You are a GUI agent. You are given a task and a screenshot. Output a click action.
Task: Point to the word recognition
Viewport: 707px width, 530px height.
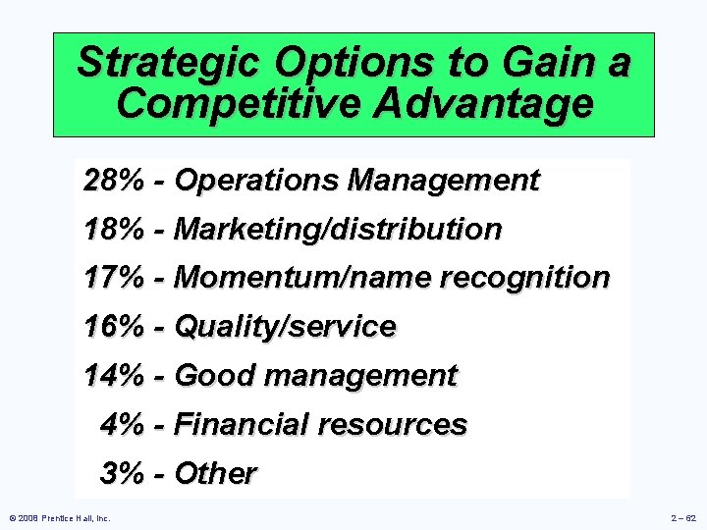pos(525,278)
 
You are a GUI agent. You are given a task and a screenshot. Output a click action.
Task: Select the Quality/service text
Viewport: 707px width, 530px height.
pos(285,327)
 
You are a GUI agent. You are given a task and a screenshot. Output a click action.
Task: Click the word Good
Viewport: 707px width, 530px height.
pos(215,375)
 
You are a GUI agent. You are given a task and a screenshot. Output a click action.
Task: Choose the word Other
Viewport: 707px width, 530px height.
pos(215,473)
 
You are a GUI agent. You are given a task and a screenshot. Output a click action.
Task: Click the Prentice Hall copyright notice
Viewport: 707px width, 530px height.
pos(58,517)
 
